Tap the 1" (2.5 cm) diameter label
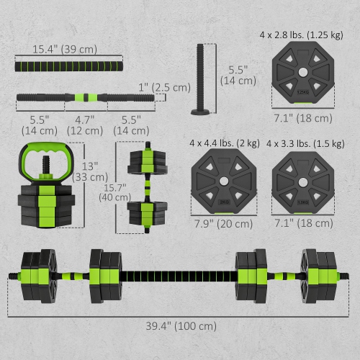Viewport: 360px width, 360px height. tap(166, 87)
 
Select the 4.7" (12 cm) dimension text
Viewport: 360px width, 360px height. tap(85, 122)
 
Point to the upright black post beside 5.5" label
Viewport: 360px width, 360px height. tap(199, 78)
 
